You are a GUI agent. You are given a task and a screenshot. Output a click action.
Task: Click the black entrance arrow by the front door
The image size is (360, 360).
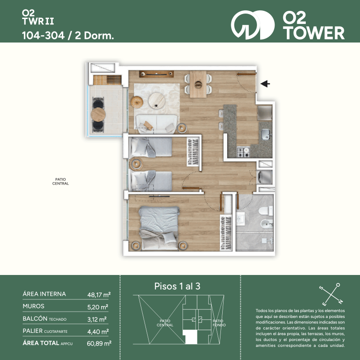pos(265,84)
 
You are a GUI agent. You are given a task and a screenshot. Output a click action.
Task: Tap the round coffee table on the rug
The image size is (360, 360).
pos(157,100)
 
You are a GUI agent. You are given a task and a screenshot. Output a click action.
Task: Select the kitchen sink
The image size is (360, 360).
pos(266,134)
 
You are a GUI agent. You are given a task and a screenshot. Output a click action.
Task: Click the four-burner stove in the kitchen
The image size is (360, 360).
pos(243,152)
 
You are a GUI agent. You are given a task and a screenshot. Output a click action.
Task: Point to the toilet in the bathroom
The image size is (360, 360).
pos(266,211)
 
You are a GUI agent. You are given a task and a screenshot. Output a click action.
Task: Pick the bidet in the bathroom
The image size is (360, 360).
pos(267,223)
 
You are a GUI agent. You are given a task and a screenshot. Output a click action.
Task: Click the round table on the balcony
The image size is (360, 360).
pos(98,114)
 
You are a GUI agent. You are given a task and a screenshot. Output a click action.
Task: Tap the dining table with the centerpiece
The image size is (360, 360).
pos(198,84)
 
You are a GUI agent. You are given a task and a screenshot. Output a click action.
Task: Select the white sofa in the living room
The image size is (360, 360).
pos(157,124)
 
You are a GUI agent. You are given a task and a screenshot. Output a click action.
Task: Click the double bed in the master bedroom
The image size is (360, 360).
pos(159,228)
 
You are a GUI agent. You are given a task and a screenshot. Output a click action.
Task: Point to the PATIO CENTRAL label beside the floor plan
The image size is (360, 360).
pos(61,181)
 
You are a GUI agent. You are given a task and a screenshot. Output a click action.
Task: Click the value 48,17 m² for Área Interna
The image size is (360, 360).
pos(99,294)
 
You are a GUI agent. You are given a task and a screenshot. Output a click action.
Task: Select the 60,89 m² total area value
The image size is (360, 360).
pos(99,343)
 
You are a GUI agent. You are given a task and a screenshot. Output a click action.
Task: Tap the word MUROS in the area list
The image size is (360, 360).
pos(33,306)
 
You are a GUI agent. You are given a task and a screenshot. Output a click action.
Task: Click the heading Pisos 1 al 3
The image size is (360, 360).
pos(177,286)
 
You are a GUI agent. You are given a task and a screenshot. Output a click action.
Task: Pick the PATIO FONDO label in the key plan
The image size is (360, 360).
pos(219,323)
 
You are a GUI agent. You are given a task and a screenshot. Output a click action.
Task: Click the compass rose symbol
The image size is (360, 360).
pos(331,294)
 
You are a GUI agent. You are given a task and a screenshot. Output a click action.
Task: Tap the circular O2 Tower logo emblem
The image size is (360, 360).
pos(253,25)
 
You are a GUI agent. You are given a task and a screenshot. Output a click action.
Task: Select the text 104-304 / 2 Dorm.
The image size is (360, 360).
pos(68,36)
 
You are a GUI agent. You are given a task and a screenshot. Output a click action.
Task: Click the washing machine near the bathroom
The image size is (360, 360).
pos(265,177)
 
